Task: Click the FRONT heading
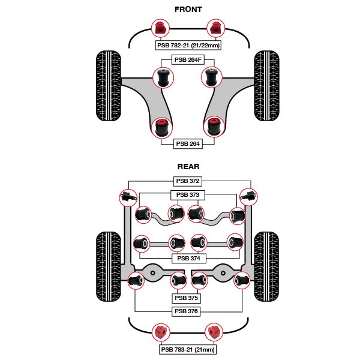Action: [188, 10]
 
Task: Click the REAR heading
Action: [188, 167]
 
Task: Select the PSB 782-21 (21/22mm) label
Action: [188, 45]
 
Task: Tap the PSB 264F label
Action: [188, 59]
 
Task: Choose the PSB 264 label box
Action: [188, 143]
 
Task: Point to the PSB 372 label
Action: [188, 181]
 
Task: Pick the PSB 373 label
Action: [188, 195]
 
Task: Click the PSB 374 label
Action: [188, 259]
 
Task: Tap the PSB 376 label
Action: [188, 311]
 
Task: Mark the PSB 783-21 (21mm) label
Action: [188, 349]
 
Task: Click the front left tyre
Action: [109, 86]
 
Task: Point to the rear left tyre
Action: [109, 266]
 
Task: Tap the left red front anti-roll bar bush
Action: [160, 28]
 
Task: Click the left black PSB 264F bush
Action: [162, 77]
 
